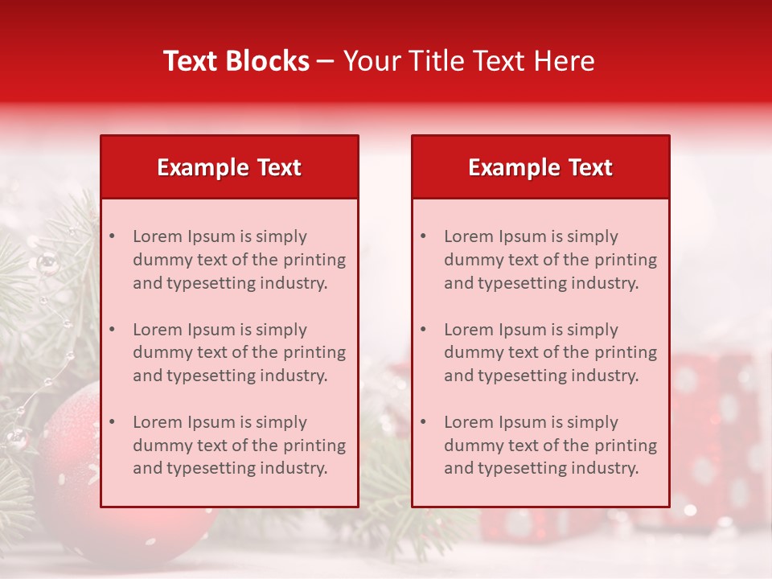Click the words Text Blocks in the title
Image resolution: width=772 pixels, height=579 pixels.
pos(236,61)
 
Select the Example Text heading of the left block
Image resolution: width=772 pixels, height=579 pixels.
pos(229,167)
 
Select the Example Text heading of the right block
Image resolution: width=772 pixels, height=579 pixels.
pos(540,167)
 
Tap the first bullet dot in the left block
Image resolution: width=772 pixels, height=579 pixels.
pos(112,236)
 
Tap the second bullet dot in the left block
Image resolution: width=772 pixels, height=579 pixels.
pos(112,330)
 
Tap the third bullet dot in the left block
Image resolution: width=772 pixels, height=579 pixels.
pos(112,422)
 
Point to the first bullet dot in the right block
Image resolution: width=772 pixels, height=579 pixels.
pos(423,236)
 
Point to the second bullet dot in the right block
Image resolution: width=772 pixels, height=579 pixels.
pos(423,330)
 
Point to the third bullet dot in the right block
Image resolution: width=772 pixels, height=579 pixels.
pos(423,422)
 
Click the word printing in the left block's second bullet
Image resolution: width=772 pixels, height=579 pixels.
pos(314,352)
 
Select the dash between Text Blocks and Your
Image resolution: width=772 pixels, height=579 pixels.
pos(326,62)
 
